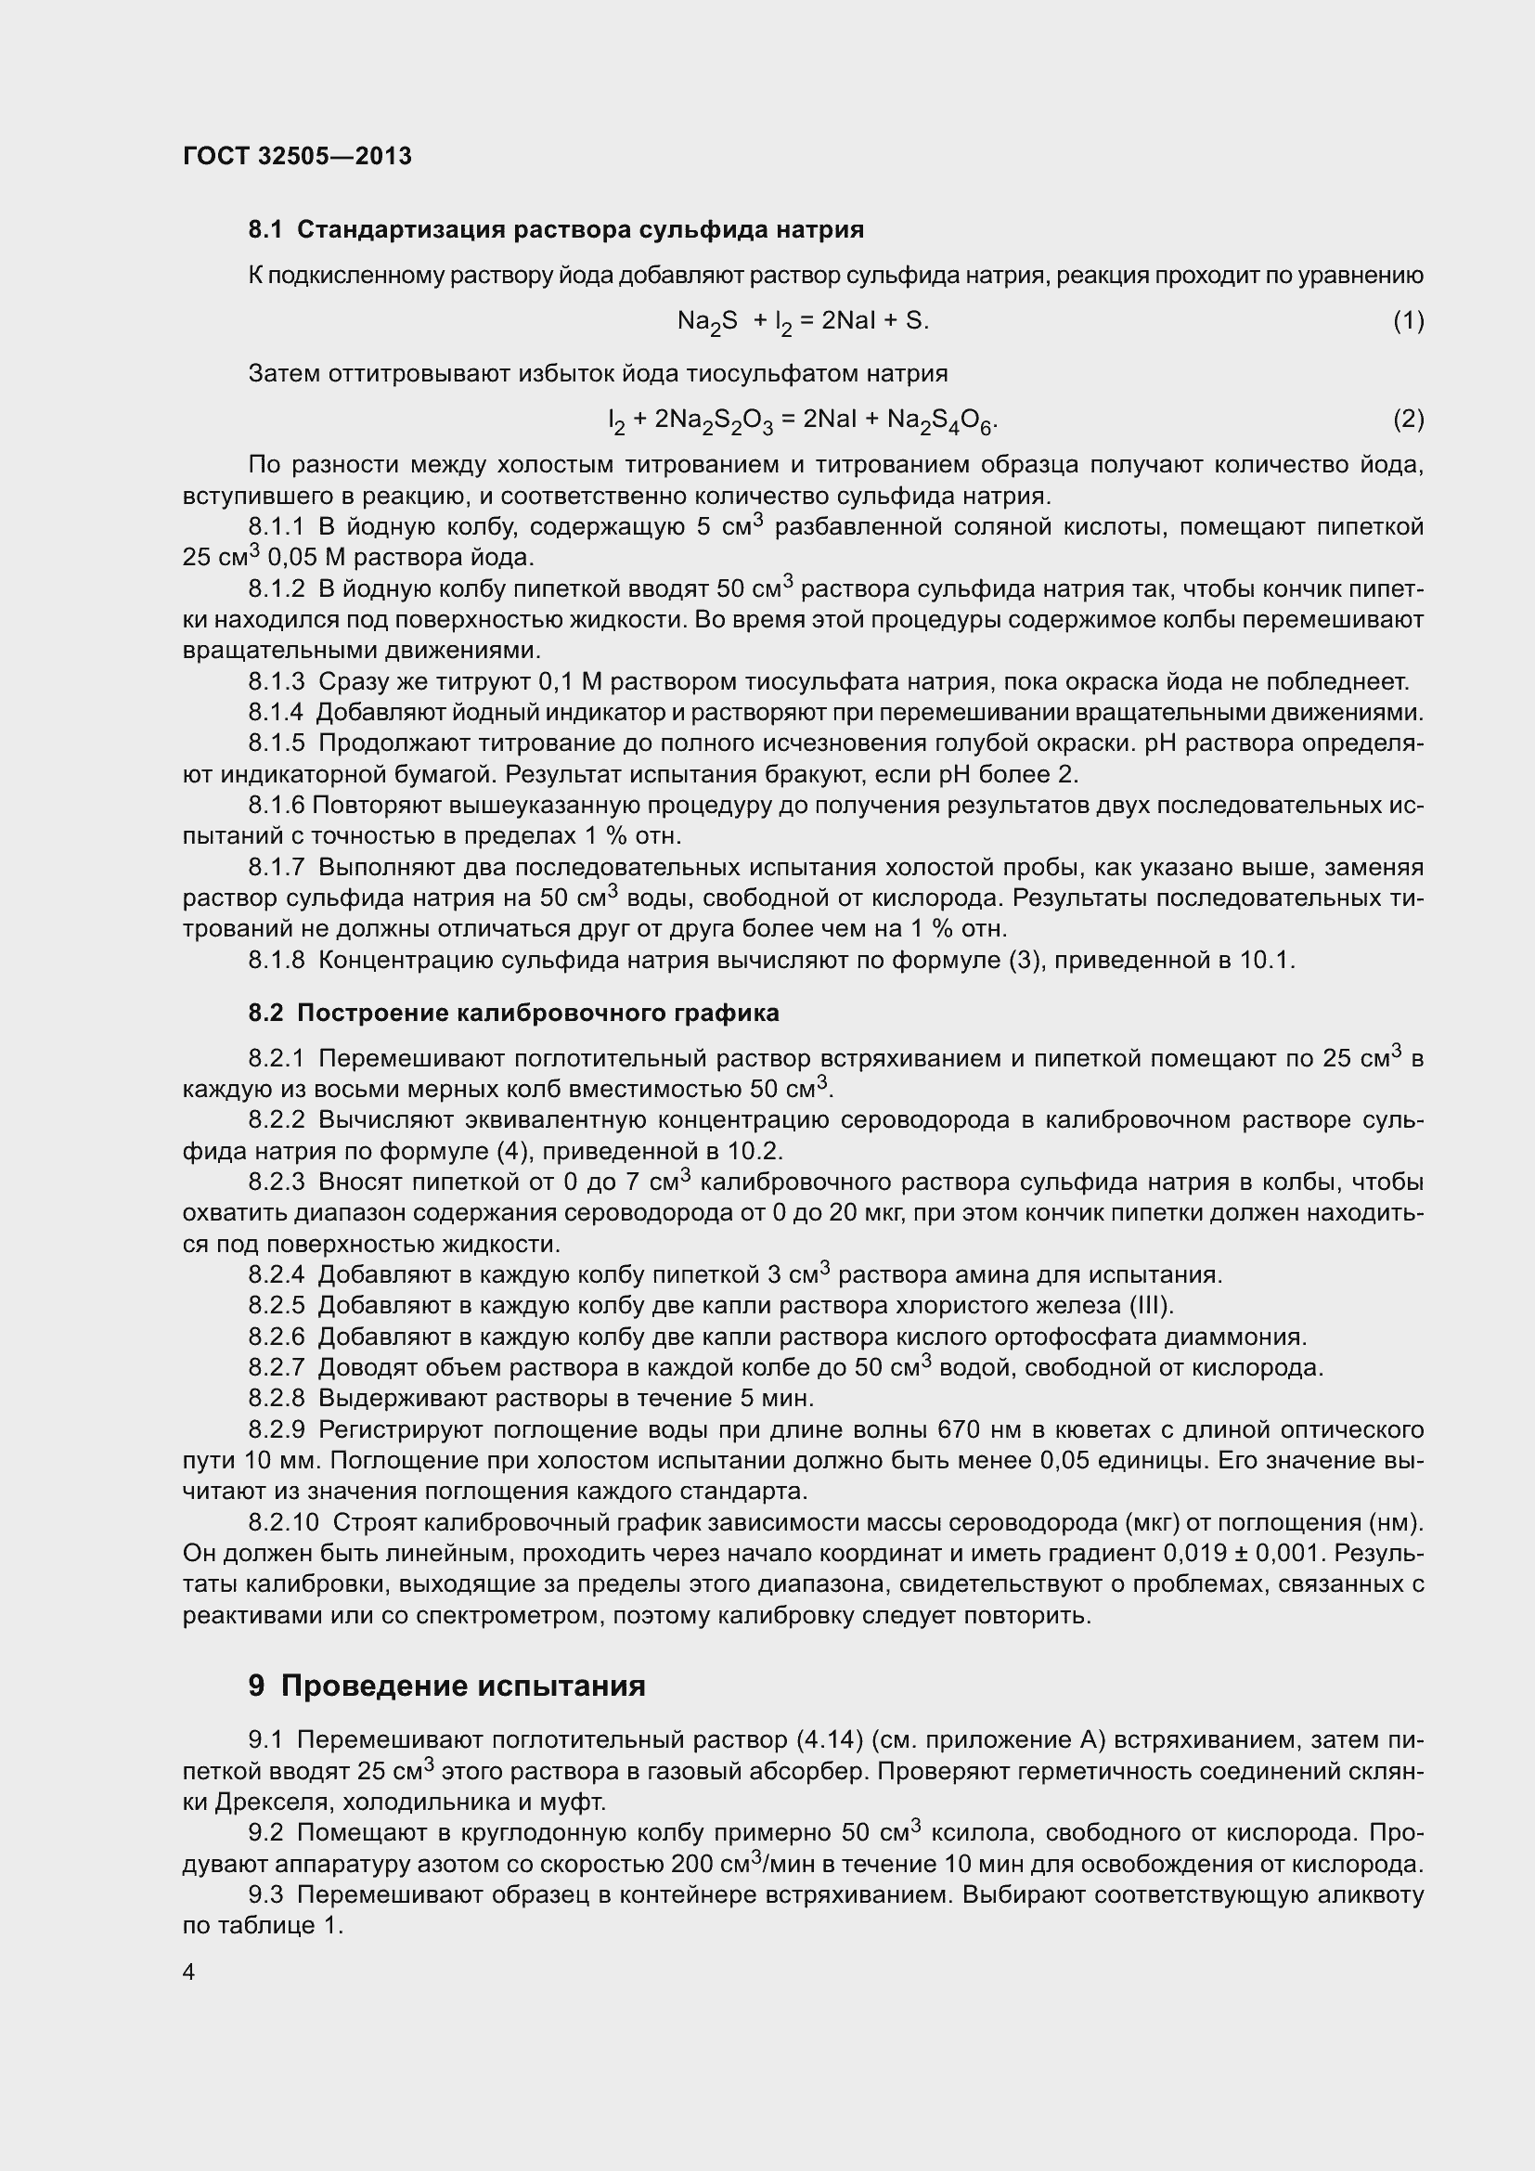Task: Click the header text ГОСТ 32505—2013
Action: [297, 157]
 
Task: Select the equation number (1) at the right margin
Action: [1408, 321]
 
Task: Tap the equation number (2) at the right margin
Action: [1408, 419]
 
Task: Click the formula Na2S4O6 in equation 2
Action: [940, 420]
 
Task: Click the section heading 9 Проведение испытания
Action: [446, 1685]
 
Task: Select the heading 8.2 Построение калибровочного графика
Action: [513, 1013]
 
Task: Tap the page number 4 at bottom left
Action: [189, 1971]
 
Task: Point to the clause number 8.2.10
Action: [284, 1522]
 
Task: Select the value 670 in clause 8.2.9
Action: [962, 1429]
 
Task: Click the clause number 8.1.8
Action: [276, 961]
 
